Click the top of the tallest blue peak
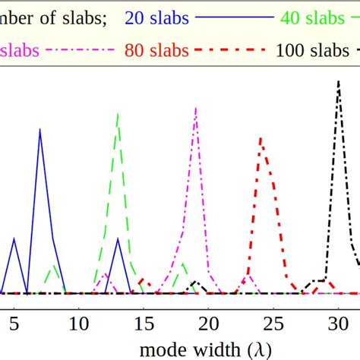click(x=39, y=129)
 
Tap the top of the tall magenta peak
click(x=196, y=107)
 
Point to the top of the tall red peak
click(x=261, y=138)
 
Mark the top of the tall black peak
click(x=339, y=81)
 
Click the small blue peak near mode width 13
click(x=118, y=239)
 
